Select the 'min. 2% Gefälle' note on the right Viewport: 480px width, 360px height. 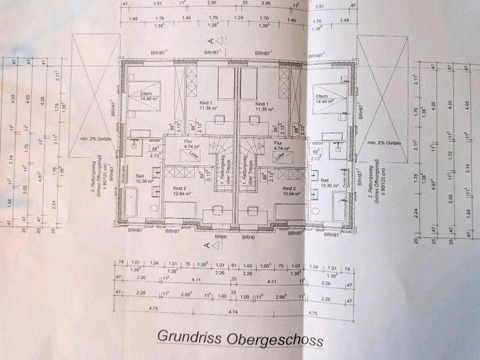coord(384,142)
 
